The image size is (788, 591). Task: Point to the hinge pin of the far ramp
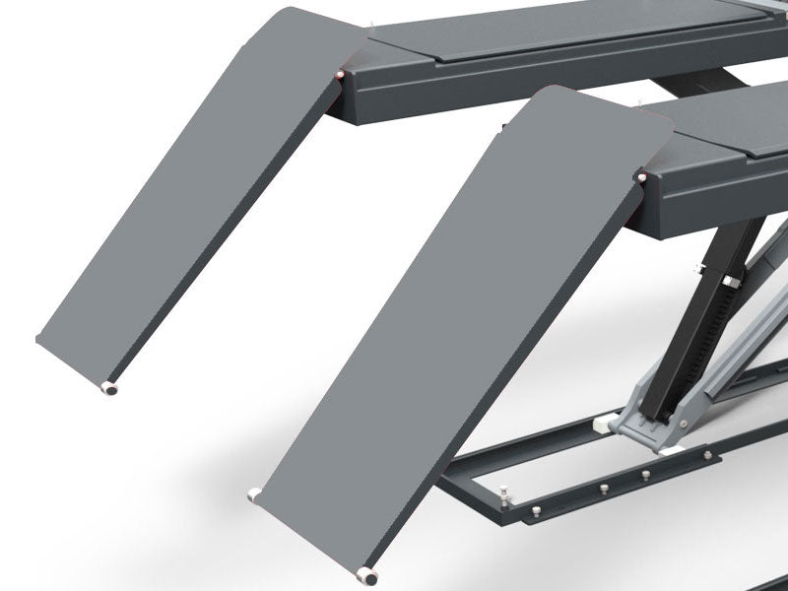(339, 76)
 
